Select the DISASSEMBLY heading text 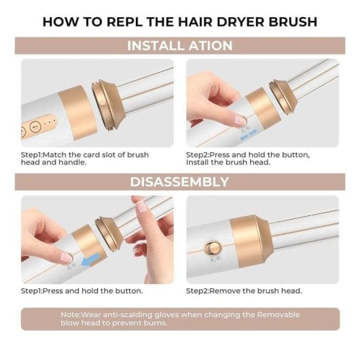[179, 182]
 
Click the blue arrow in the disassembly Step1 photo [91, 260]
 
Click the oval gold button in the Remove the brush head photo [213, 248]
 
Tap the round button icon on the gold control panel [35, 126]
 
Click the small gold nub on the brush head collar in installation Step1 [103, 104]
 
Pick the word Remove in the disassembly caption [225, 291]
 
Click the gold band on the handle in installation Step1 [77, 113]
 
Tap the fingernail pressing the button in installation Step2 [239, 120]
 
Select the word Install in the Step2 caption [198, 162]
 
